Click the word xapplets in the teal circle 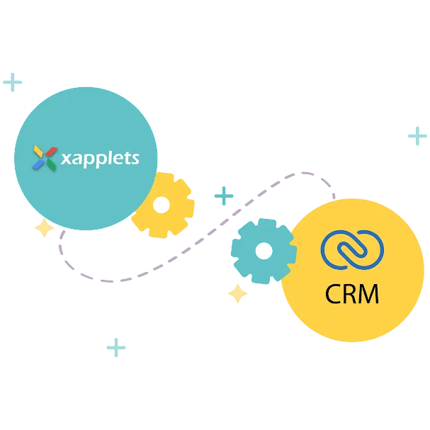click(100, 157)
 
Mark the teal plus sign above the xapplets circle click(12, 83)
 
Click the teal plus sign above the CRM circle click(416, 135)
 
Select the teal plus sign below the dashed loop click(116, 349)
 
